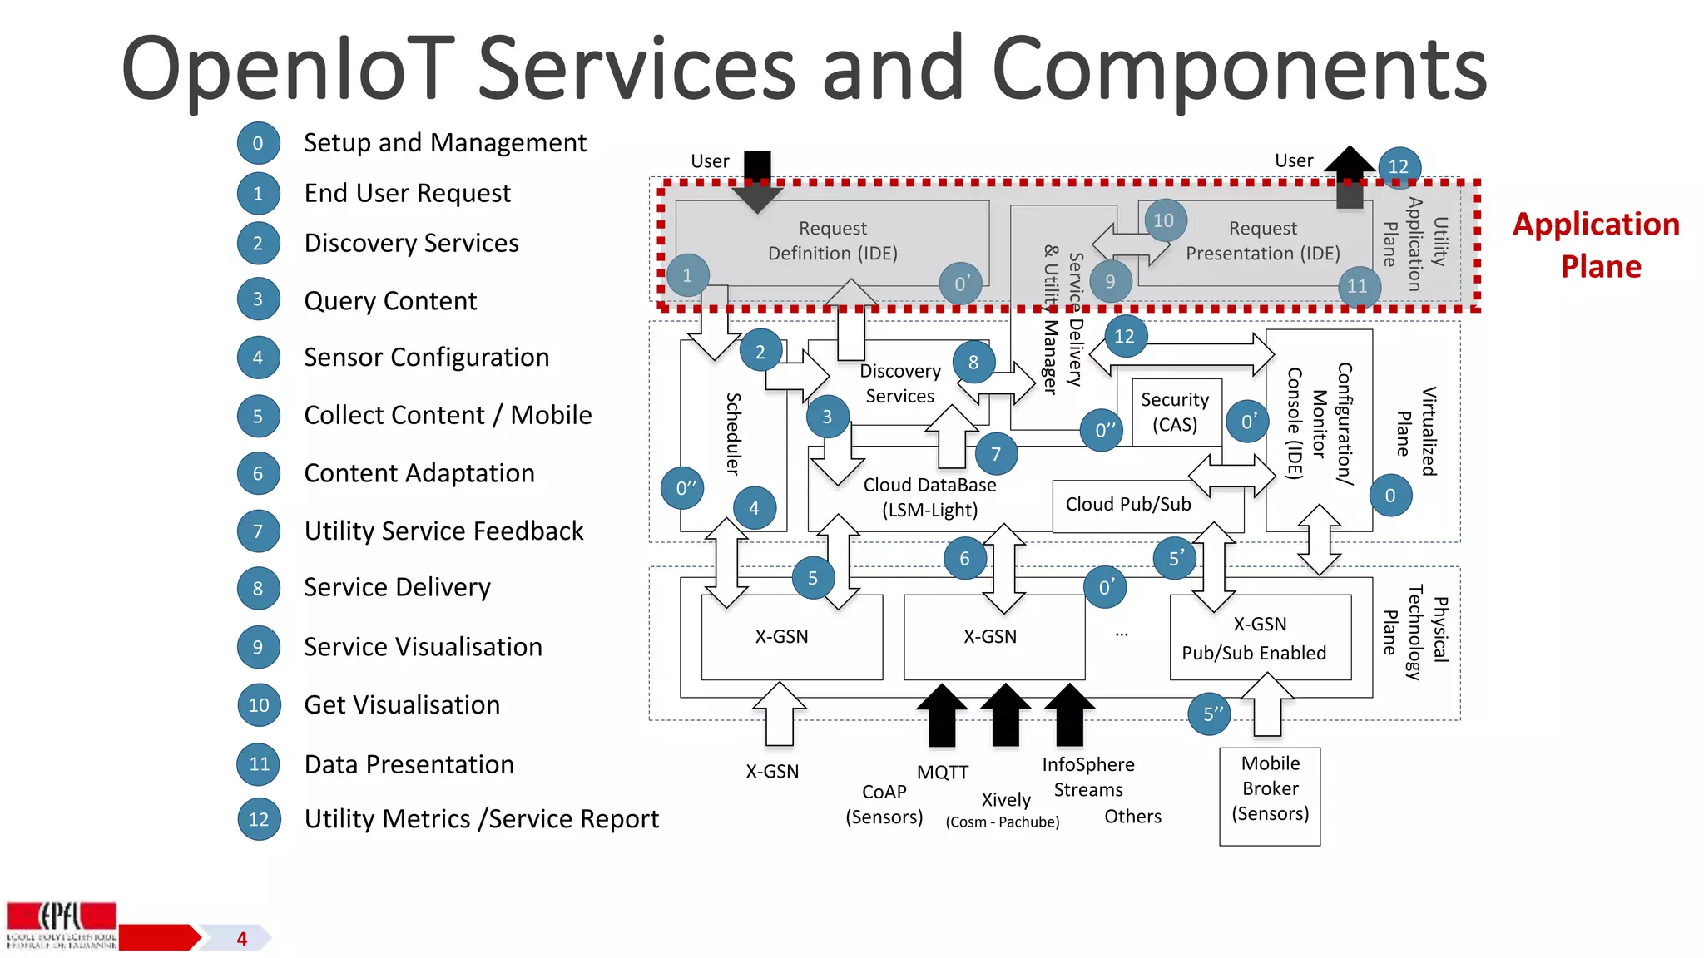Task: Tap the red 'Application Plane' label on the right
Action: pos(1596,245)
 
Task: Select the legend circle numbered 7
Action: pos(258,531)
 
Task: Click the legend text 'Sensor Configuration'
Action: pos(426,358)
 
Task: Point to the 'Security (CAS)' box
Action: pos(1175,412)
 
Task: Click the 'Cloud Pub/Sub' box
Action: pos(1128,505)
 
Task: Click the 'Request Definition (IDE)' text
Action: pos(832,240)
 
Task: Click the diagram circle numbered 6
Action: pos(965,558)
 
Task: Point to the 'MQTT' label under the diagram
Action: pos(943,773)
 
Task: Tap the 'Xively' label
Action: pos(1006,800)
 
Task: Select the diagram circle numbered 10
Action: pos(1164,220)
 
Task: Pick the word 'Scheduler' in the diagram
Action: pos(733,433)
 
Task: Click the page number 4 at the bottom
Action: pos(242,939)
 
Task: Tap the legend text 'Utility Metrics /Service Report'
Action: pos(481,819)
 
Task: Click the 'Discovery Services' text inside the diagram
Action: pos(899,383)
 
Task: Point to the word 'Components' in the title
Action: pos(1239,70)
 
